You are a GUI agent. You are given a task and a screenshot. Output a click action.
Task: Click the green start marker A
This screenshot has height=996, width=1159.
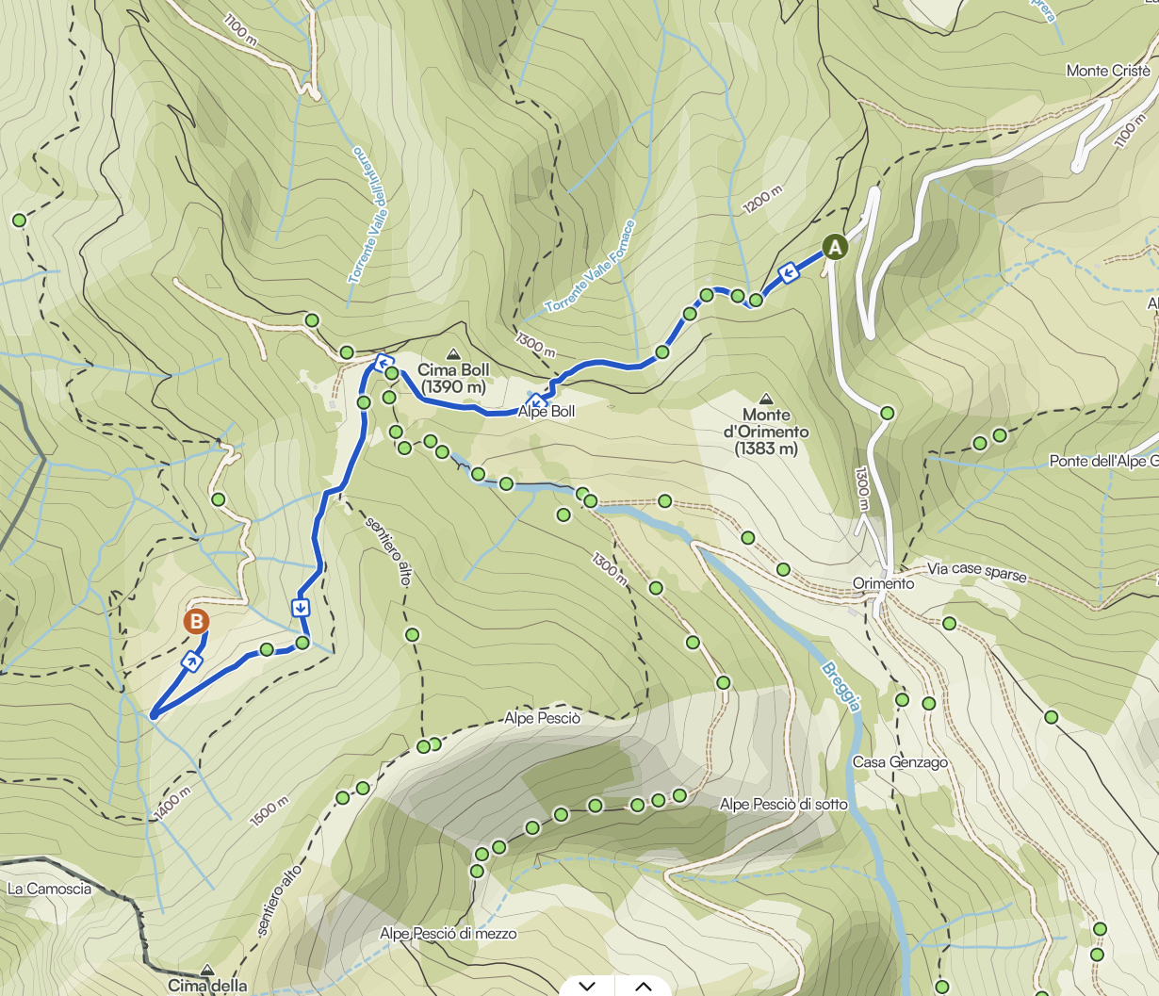click(835, 247)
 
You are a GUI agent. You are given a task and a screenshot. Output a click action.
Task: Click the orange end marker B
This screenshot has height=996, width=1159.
click(196, 622)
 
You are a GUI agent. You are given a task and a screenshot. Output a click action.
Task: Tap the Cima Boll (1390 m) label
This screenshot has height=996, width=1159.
click(453, 379)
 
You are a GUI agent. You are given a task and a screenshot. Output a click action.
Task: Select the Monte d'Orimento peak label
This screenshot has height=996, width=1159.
click(766, 432)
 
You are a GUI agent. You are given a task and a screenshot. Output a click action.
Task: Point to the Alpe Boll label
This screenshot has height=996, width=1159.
click(547, 412)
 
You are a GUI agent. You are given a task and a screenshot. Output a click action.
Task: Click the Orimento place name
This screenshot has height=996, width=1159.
click(883, 583)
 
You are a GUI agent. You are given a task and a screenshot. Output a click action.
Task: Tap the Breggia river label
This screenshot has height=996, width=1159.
click(841, 687)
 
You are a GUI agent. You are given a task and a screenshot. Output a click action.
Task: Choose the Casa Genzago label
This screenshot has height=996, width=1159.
click(900, 762)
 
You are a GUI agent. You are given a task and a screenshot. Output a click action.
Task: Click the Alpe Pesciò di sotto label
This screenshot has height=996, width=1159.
click(783, 805)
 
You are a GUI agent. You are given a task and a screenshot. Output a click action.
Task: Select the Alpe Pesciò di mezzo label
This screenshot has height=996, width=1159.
click(449, 934)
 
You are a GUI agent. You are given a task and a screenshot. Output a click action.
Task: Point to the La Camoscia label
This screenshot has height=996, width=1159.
click(49, 889)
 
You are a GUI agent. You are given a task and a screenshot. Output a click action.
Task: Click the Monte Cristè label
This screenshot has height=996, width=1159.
click(1108, 71)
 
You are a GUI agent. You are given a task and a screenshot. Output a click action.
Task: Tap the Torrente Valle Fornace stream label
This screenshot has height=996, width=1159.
click(591, 268)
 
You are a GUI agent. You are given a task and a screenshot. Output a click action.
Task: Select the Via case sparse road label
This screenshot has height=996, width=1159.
click(976, 571)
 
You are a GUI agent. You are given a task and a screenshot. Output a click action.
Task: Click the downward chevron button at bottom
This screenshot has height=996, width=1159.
click(588, 986)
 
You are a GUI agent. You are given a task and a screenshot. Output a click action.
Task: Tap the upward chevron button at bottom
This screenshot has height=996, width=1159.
click(644, 986)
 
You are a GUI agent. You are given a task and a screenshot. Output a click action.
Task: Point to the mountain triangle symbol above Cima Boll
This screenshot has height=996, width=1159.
click(453, 354)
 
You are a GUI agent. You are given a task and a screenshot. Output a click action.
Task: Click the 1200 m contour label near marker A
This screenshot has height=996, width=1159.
click(762, 199)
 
